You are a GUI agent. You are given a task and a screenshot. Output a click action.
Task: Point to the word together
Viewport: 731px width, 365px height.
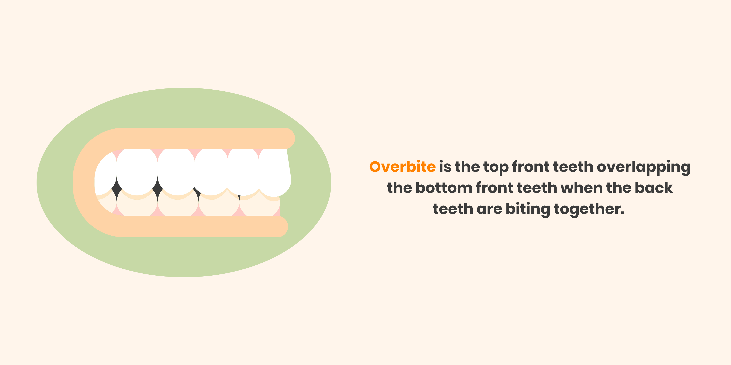click(x=589, y=209)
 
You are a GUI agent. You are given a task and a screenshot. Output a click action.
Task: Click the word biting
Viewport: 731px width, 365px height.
click(x=528, y=209)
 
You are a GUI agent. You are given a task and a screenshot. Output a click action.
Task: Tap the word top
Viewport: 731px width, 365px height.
click(x=496, y=167)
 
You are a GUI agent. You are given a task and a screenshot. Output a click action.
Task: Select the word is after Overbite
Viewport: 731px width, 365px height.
click(x=445, y=167)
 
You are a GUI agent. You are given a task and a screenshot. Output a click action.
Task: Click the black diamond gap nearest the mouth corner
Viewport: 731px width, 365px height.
click(x=116, y=189)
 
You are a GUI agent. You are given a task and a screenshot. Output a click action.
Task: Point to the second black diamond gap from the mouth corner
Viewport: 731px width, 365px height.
click(x=157, y=188)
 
